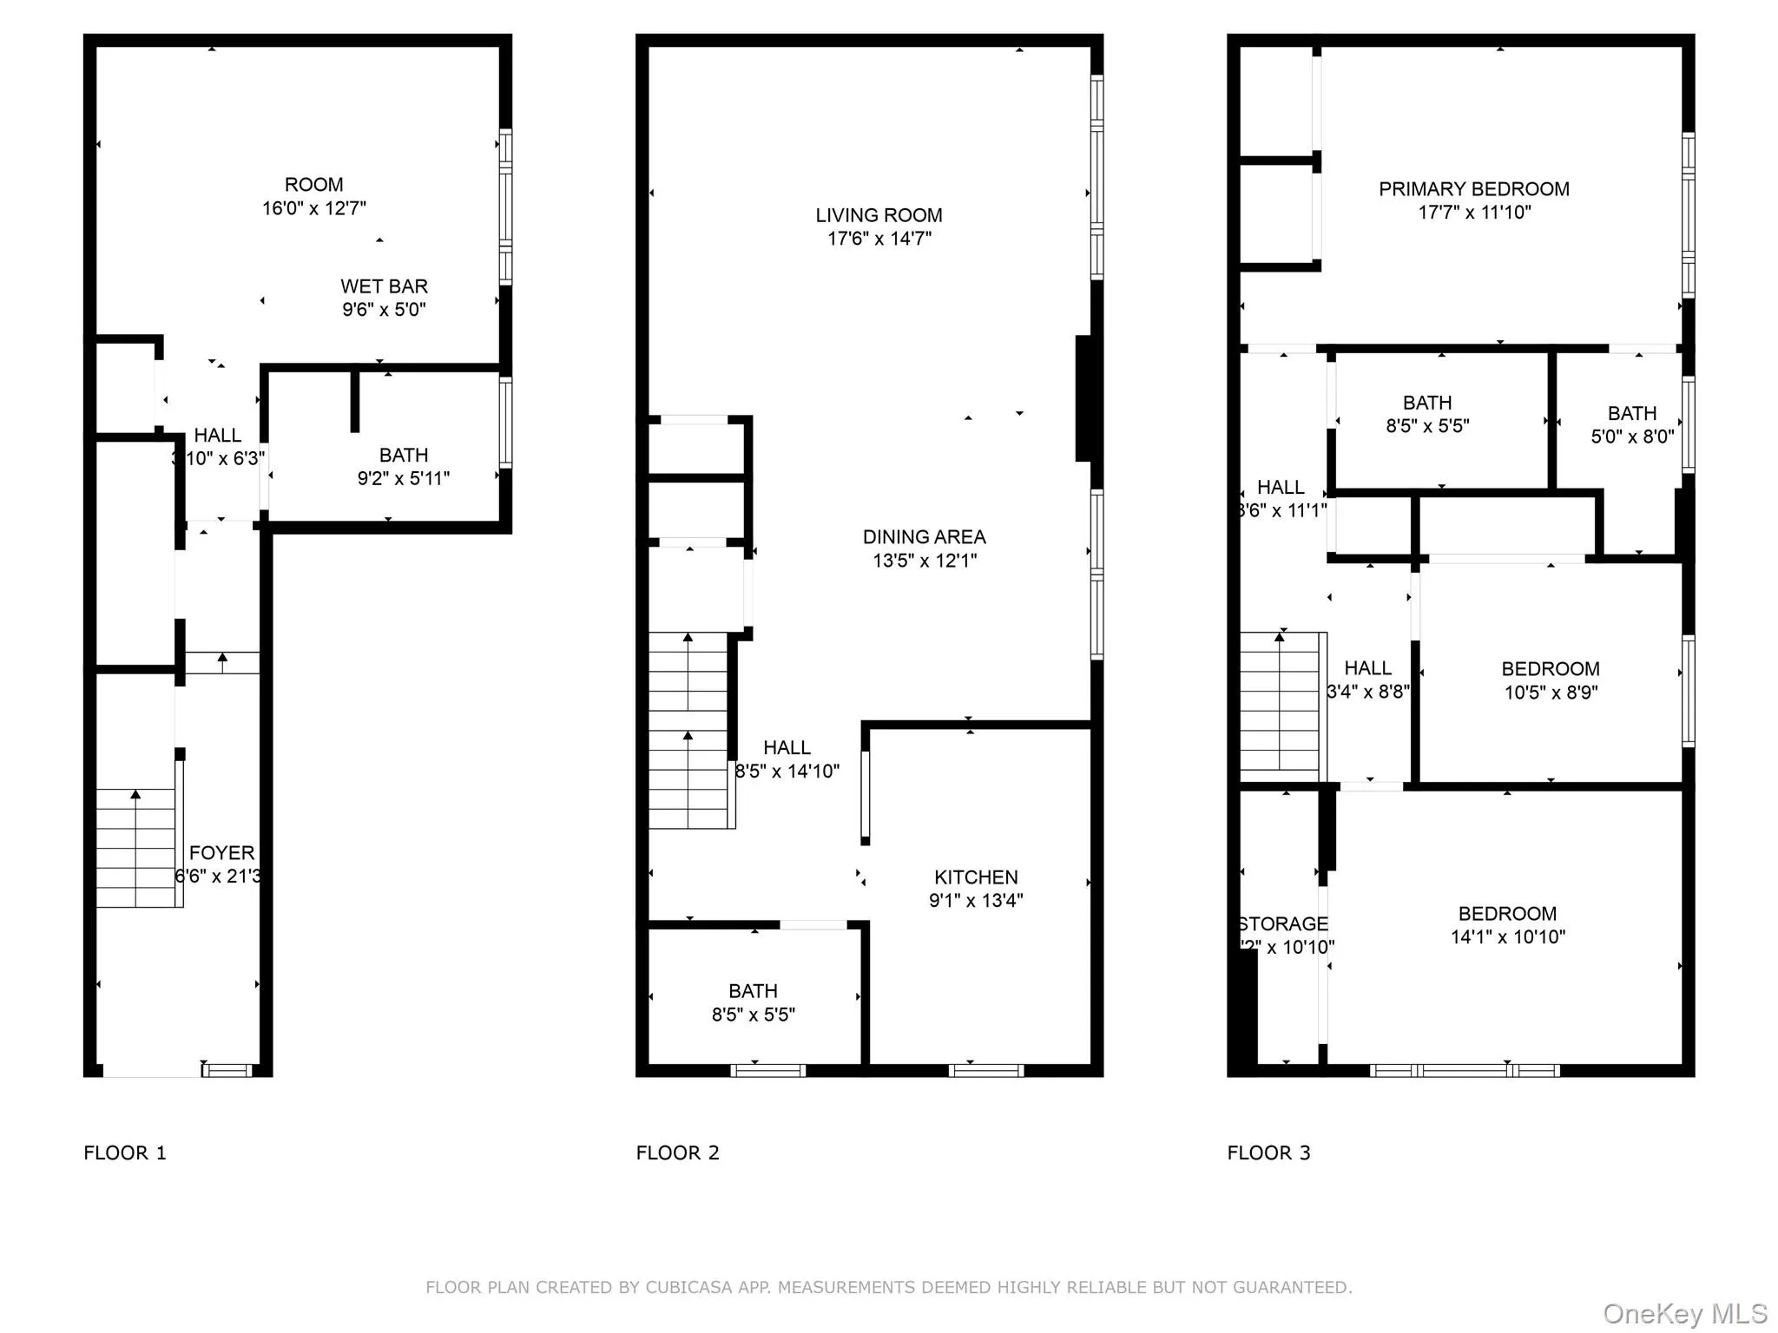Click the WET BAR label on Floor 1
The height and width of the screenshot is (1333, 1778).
384,286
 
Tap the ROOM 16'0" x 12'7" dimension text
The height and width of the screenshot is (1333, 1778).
314,208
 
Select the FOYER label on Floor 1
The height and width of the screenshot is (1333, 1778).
222,853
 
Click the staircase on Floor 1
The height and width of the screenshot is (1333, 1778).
135,848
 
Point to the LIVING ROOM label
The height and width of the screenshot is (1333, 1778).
879,215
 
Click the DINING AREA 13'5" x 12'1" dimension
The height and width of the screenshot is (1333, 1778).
925,561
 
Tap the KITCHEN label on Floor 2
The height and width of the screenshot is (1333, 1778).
976,877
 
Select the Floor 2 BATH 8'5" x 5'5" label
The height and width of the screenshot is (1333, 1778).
753,1002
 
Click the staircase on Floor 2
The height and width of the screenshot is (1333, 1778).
688,731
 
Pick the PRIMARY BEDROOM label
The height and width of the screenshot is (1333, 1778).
1473,189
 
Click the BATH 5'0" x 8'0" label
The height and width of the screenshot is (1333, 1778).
1631,424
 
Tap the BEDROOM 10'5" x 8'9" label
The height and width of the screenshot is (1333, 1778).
1550,680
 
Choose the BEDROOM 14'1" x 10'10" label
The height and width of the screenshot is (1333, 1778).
1507,925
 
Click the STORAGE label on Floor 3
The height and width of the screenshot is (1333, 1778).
1283,924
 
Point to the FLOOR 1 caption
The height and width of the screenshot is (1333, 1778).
124,1152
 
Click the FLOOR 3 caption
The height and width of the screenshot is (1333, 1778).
1268,1152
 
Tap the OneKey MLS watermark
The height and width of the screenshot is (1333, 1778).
1684,1314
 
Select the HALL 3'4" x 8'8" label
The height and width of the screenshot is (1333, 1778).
1367,680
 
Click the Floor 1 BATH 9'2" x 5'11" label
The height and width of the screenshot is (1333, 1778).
403,466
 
